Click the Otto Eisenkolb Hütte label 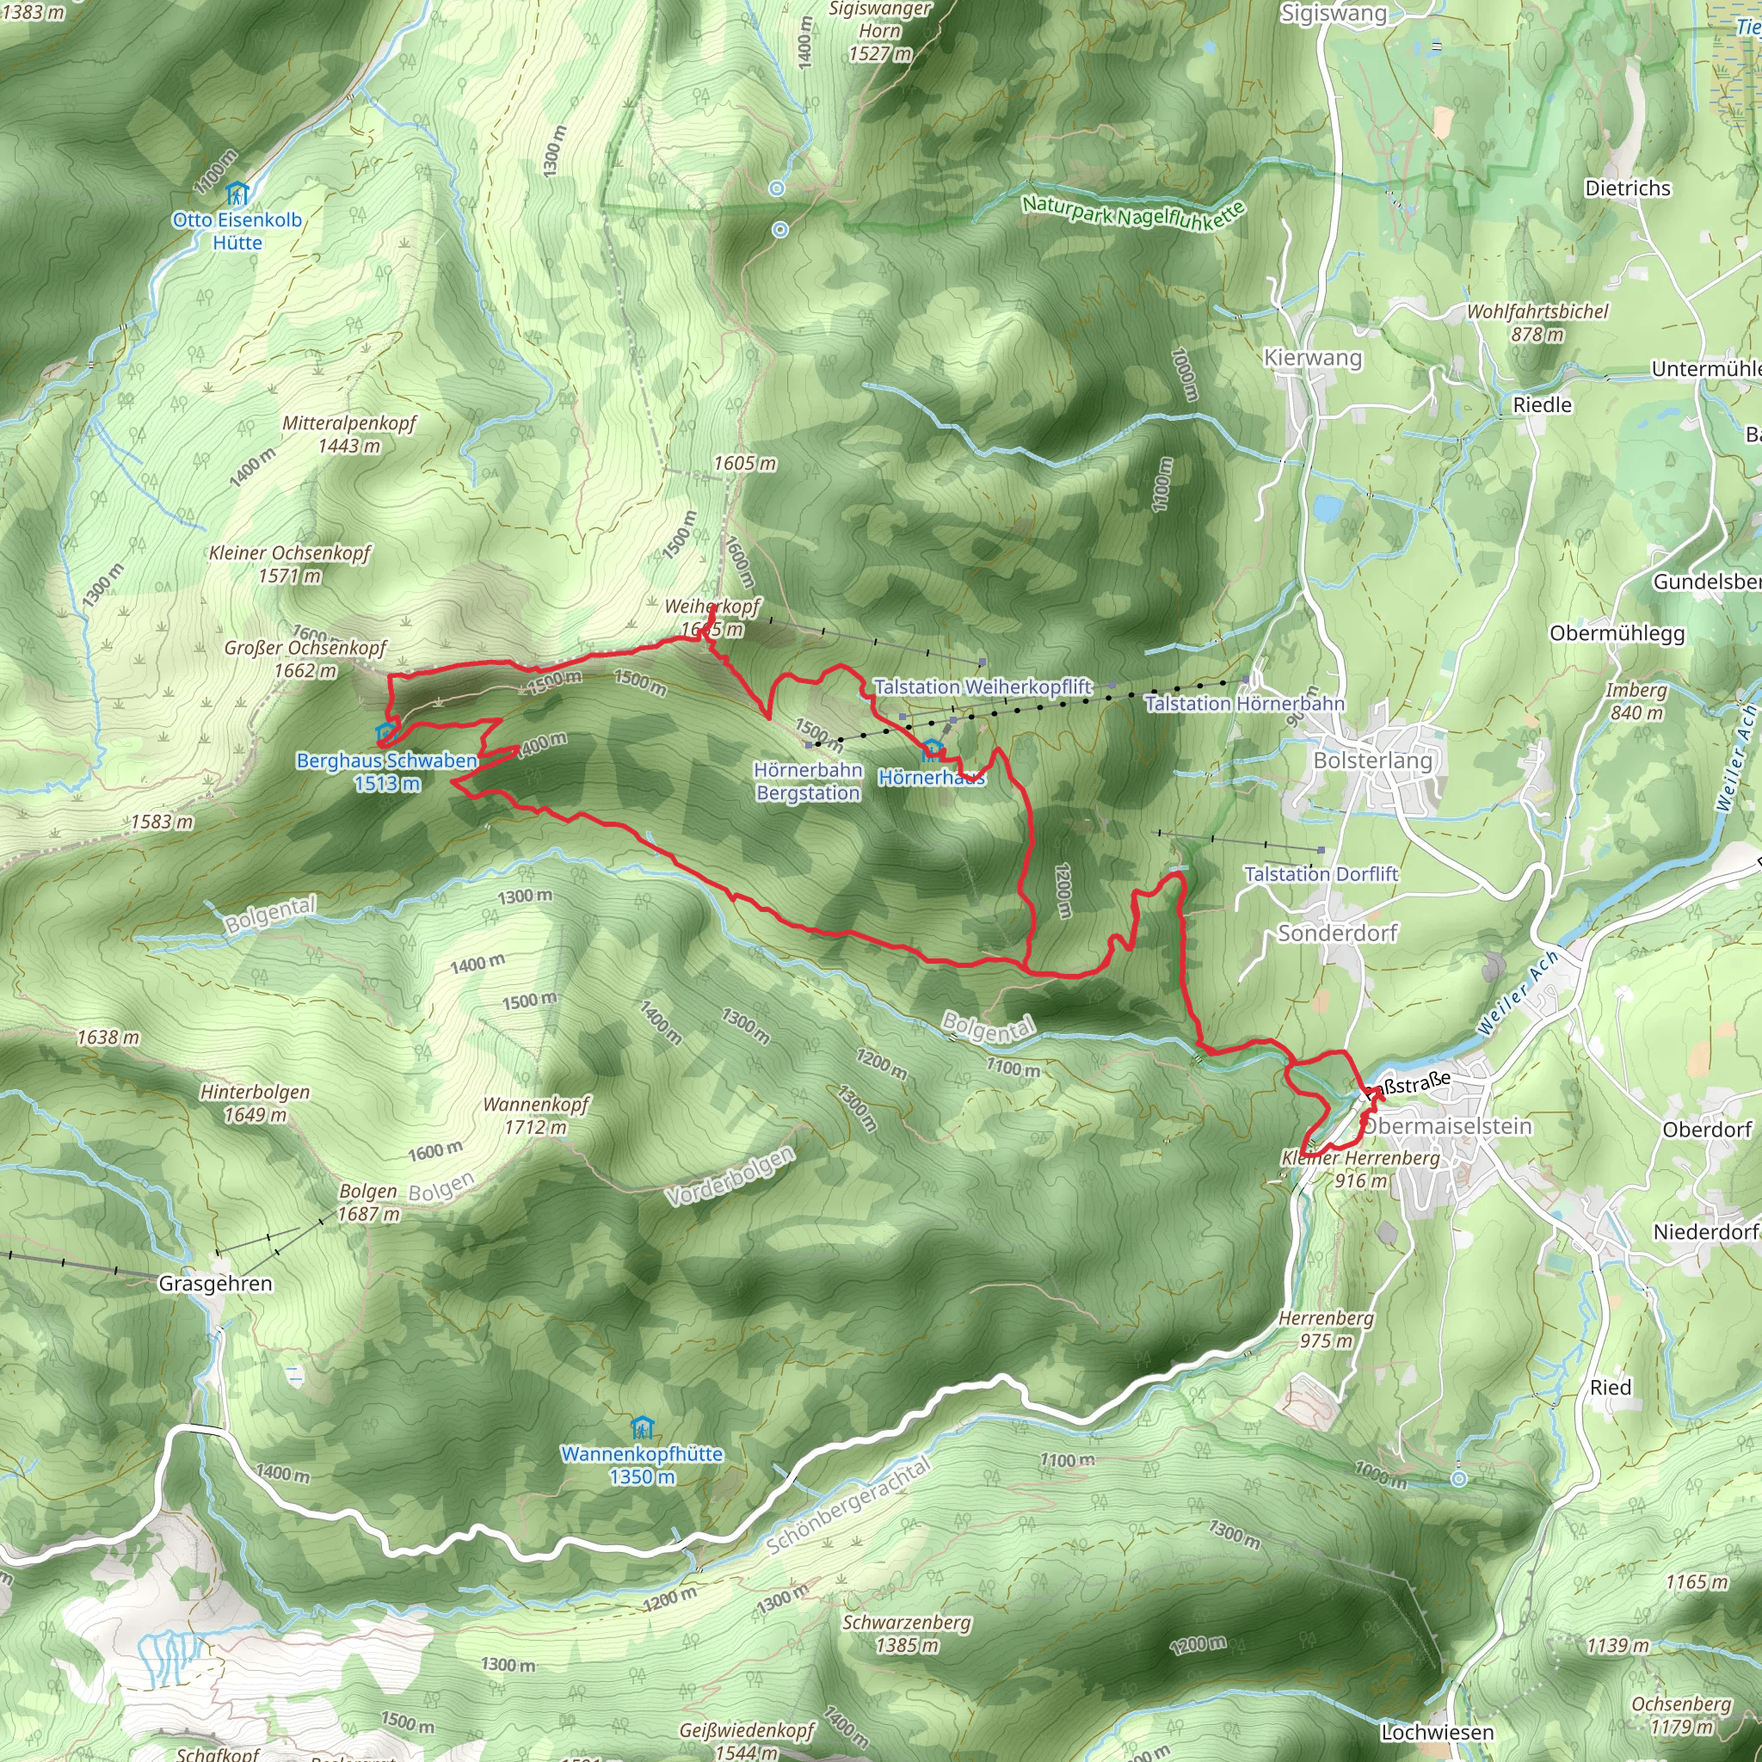point(237,231)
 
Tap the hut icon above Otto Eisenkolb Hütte point(237,194)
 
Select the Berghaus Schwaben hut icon point(385,732)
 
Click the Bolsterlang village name point(1372,760)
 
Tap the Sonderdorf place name point(1337,933)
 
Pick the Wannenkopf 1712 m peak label point(536,1115)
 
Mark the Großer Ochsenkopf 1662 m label point(305,658)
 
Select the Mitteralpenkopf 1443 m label point(349,434)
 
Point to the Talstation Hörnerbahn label point(1245,703)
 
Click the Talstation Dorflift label point(1321,874)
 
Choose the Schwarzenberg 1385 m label point(907,1634)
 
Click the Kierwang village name point(1312,358)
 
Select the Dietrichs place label point(1628,188)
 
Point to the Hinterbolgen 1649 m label point(256,1103)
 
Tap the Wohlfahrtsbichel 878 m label point(1537,322)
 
